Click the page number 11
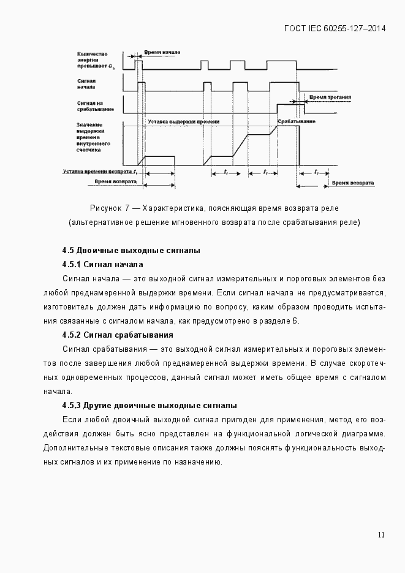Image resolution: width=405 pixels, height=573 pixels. click(381, 535)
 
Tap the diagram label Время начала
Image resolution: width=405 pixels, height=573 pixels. click(162, 53)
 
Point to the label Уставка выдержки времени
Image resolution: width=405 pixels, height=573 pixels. click(183, 122)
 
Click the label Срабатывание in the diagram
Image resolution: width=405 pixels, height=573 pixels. click(296, 122)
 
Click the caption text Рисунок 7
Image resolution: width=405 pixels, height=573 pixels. click(109, 208)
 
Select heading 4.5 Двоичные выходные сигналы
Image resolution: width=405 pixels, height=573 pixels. click(131, 251)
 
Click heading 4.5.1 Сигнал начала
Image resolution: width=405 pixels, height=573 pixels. click(102, 265)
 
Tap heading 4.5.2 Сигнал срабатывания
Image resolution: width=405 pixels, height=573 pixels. click(117, 335)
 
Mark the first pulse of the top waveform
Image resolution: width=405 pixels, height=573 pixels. click(138, 64)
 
